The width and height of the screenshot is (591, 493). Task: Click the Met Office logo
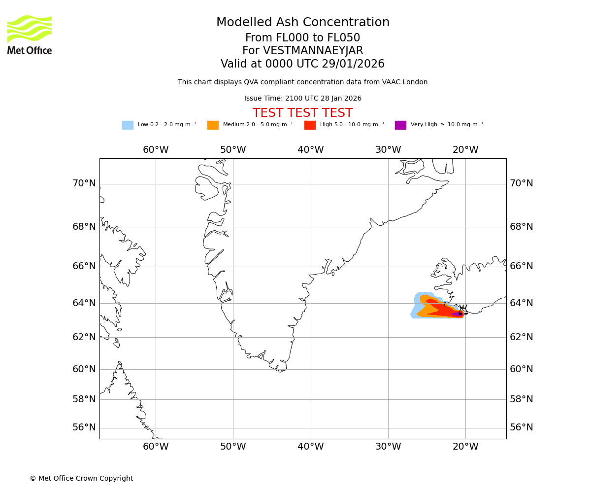click(x=30, y=35)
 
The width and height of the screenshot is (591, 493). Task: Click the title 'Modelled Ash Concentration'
click(x=303, y=23)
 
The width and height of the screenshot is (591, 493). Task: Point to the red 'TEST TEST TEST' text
click(x=302, y=113)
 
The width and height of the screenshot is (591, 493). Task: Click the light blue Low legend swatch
click(x=128, y=125)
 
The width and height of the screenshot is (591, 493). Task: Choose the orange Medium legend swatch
click(x=213, y=125)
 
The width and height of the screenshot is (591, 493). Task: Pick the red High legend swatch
click(x=310, y=125)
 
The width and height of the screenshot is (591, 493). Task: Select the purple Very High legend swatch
click(x=400, y=125)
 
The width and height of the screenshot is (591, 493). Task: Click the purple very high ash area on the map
click(x=456, y=314)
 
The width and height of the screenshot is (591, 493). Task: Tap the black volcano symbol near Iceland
click(x=463, y=310)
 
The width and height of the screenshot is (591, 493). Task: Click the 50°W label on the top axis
click(x=233, y=150)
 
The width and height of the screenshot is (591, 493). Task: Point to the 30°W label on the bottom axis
click(x=388, y=447)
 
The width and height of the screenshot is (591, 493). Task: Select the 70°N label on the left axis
click(x=84, y=183)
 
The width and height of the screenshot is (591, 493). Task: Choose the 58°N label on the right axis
click(x=522, y=399)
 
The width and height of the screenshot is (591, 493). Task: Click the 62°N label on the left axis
click(x=84, y=337)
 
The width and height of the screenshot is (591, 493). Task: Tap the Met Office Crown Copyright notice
click(x=81, y=478)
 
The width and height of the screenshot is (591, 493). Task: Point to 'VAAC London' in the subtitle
click(x=407, y=82)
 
